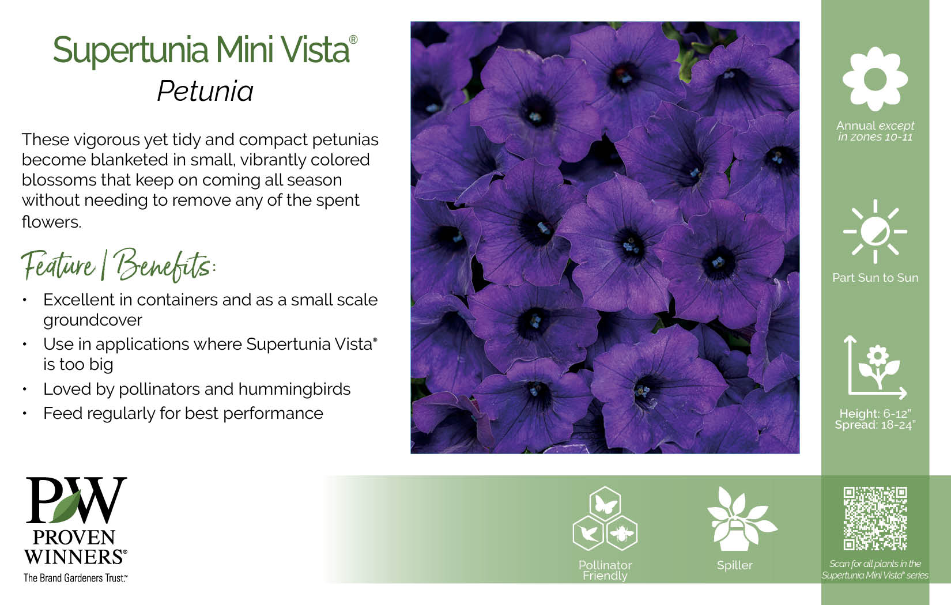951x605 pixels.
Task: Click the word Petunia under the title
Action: [x=206, y=91]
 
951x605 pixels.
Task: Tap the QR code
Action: [x=875, y=519]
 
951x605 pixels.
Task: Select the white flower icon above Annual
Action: [x=875, y=78]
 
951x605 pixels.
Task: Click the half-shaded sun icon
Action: [x=875, y=232]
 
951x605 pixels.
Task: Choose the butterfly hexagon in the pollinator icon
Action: [x=605, y=503]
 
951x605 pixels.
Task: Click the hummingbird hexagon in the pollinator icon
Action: [x=588, y=533]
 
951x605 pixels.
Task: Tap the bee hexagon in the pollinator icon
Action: [x=622, y=533]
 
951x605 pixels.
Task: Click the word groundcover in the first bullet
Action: [x=93, y=320]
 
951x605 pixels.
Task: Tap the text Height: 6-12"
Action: [x=875, y=413]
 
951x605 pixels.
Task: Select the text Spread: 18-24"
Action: [x=875, y=425]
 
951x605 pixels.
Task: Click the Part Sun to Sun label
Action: [x=875, y=278]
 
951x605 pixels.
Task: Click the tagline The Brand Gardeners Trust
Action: [x=76, y=578]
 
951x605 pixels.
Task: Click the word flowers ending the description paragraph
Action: [x=51, y=222]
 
